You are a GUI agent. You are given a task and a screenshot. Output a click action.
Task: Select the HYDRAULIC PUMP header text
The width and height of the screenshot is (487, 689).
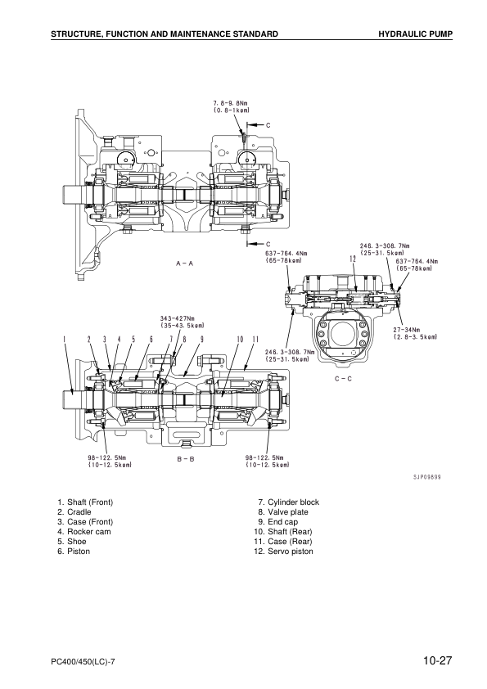[415, 34]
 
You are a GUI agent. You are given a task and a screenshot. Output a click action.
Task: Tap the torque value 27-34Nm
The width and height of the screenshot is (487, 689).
[406, 329]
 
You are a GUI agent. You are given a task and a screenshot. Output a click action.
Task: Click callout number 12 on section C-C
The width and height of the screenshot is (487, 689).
[351, 258]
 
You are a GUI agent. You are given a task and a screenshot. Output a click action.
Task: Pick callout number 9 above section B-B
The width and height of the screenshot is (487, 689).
[201, 339]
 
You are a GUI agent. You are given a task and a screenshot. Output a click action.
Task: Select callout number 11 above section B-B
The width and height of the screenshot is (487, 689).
[255, 339]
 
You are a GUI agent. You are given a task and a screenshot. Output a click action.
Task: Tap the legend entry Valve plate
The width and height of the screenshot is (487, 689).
[289, 512]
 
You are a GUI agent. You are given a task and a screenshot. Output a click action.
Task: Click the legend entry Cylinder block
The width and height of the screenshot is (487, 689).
[293, 502]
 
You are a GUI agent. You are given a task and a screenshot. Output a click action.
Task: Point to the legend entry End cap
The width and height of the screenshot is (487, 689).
[285, 522]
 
